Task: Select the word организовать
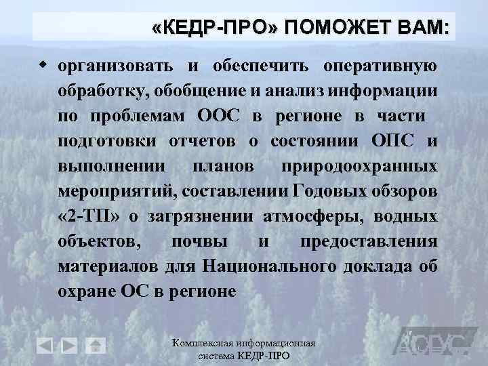click(x=116, y=68)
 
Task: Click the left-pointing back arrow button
click(x=45, y=346)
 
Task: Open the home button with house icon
click(x=96, y=346)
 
